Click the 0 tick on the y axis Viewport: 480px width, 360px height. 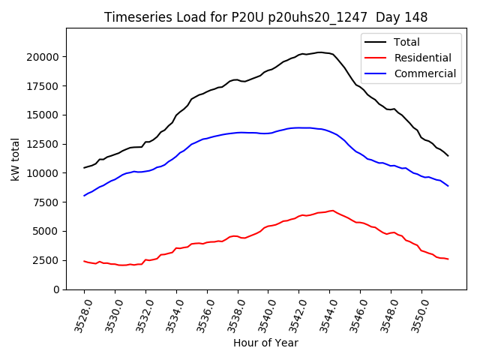(x=55, y=289)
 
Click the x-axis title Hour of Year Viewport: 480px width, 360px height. (x=265, y=343)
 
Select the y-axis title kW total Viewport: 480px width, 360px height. (x=14, y=158)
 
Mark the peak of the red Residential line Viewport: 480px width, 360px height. (x=331, y=211)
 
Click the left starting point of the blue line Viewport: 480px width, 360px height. (x=84, y=196)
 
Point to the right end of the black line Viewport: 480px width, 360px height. (x=448, y=155)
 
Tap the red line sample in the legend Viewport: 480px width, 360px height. (x=376, y=58)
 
